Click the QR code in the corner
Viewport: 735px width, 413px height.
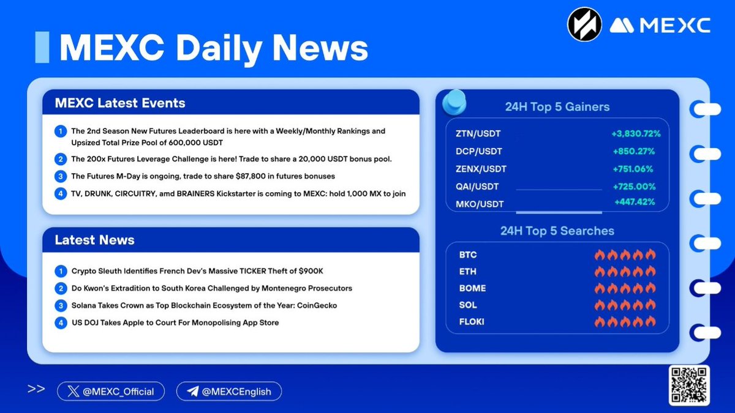(x=689, y=385)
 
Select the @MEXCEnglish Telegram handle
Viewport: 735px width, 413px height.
(x=228, y=392)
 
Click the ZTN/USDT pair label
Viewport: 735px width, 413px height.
(x=479, y=133)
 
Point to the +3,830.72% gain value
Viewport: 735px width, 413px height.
(x=636, y=133)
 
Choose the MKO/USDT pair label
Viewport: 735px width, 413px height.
(x=480, y=204)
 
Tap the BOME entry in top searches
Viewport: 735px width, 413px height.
(x=472, y=288)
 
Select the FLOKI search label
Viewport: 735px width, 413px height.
(x=472, y=322)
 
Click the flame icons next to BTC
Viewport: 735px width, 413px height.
(x=625, y=255)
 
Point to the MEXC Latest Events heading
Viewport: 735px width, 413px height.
(x=120, y=103)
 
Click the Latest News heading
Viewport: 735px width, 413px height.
(x=94, y=240)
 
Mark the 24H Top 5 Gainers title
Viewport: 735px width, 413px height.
(x=557, y=107)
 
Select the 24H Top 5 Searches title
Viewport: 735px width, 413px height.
(x=557, y=231)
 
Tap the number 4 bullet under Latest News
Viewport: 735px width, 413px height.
(x=60, y=322)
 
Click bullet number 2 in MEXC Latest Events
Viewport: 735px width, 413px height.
(x=60, y=159)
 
